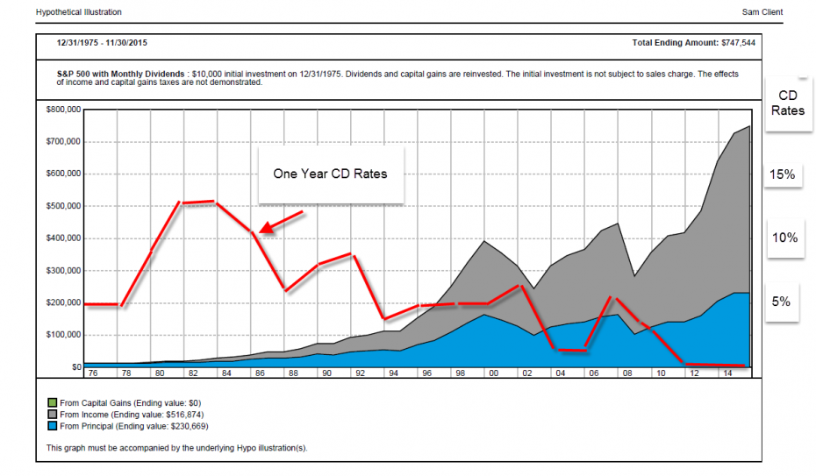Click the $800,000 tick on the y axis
pyautogui.click(x=63, y=110)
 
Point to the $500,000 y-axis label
pyautogui.click(x=63, y=206)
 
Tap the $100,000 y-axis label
pyautogui.click(x=63, y=335)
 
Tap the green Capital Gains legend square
pyautogui.click(x=52, y=402)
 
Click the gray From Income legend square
pyautogui.click(x=52, y=414)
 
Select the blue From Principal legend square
pyautogui.click(x=52, y=425)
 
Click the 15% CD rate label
pyautogui.click(x=783, y=175)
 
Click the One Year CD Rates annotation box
pyautogui.click(x=330, y=174)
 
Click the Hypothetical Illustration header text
pyautogui.click(x=79, y=12)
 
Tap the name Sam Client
pyautogui.click(x=762, y=12)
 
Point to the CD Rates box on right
pyautogui.click(x=788, y=102)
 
